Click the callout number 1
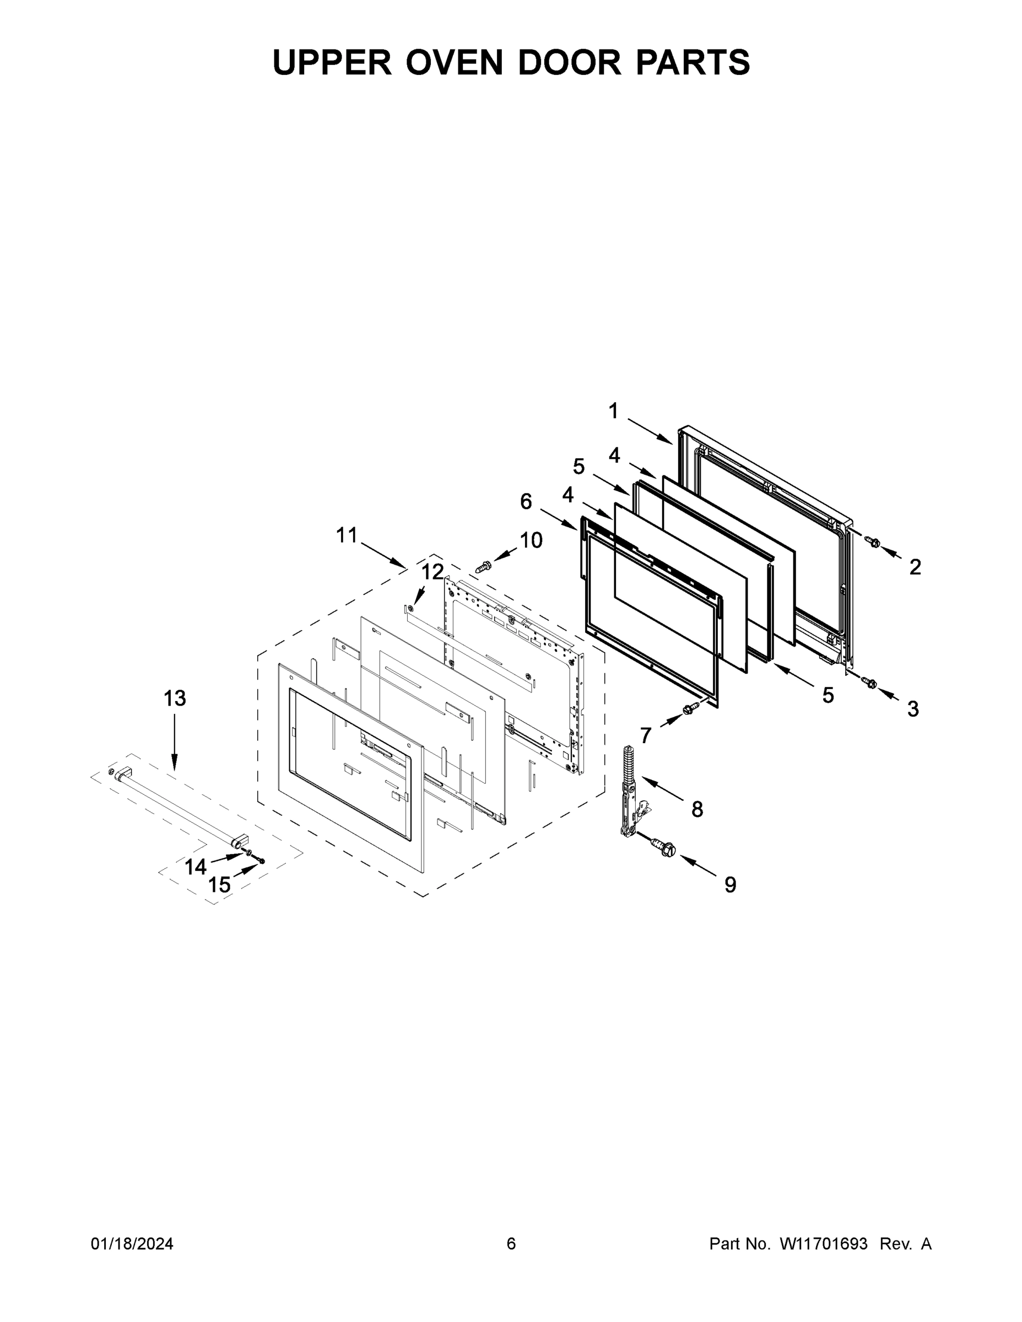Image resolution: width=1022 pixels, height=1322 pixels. pyautogui.click(x=613, y=411)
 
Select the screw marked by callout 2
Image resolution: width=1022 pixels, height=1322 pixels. pyautogui.click(x=873, y=542)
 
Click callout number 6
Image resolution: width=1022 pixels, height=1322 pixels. pyautogui.click(x=526, y=501)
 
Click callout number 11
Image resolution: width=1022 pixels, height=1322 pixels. pyautogui.click(x=347, y=535)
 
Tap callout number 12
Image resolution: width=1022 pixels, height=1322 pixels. pyautogui.click(x=432, y=571)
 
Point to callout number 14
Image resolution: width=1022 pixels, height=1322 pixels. pyautogui.click(x=196, y=868)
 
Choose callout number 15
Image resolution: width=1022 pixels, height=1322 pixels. pyautogui.click(x=219, y=885)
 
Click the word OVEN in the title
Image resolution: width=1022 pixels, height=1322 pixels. pyautogui.click(x=454, y=62)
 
